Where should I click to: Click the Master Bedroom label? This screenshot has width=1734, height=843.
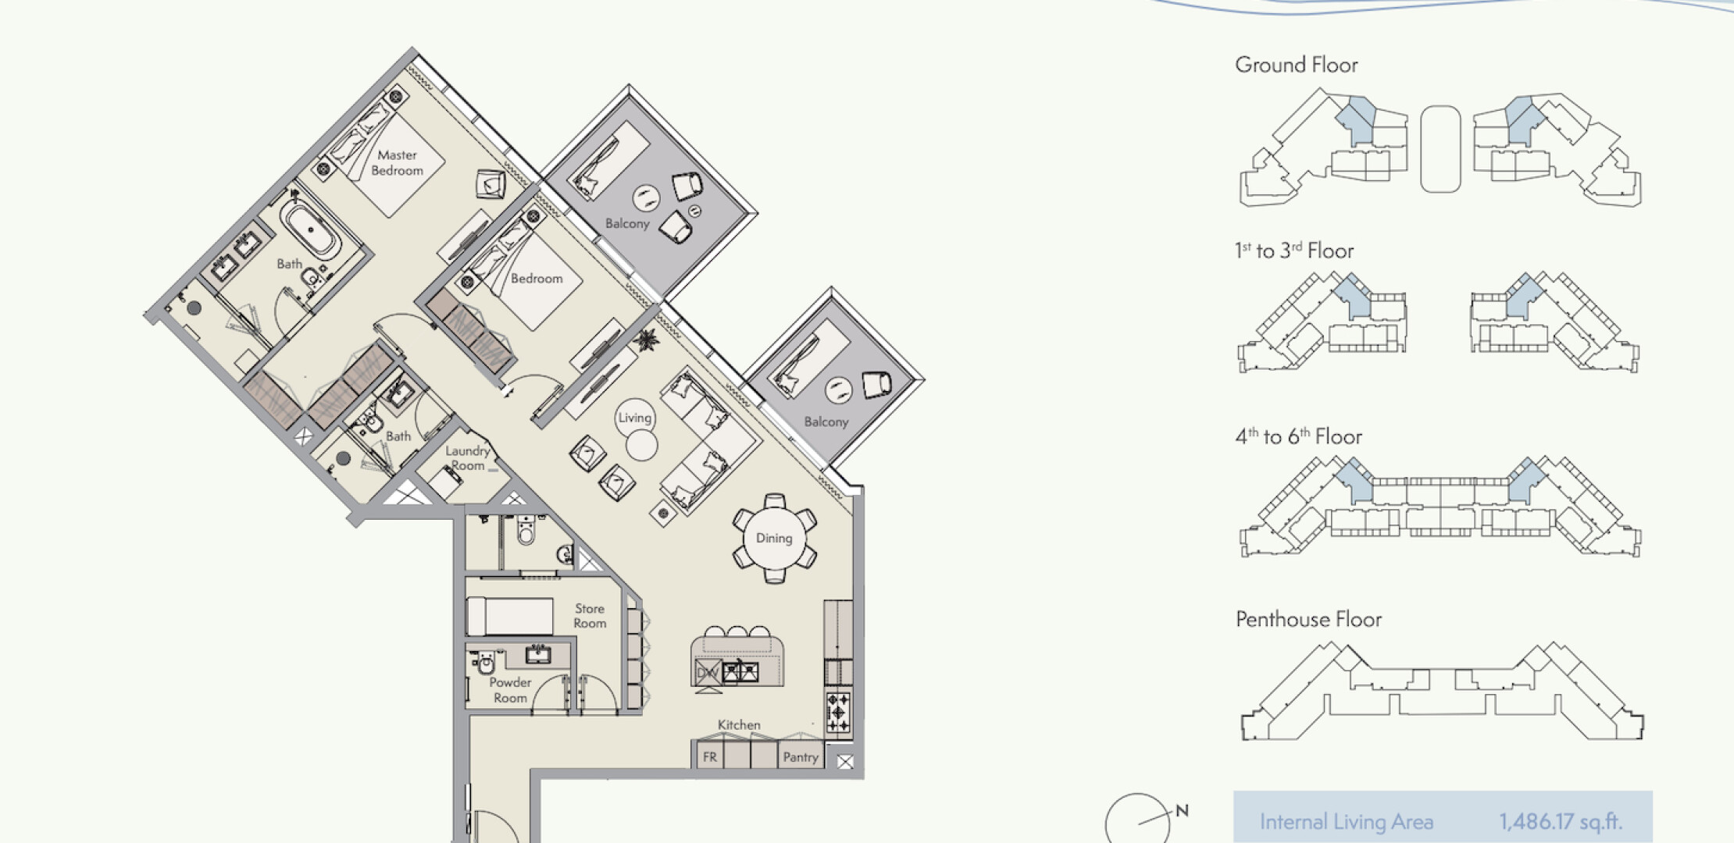[x=397, y=162]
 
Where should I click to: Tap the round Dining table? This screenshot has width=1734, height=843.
[x=774, y=538]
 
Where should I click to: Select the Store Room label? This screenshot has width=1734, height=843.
[x=590, y=615]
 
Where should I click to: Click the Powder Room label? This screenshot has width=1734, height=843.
[x=510, y=690]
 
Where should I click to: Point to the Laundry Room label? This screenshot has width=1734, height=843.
[x=468, y=458]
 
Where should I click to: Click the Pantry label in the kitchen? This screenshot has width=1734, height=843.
[x=801, y=756]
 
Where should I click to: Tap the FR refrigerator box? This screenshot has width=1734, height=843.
[x=709, y=756]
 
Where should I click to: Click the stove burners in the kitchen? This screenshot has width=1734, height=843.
[x=838, y=713]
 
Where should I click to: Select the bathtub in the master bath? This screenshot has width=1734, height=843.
[x=312, y=229]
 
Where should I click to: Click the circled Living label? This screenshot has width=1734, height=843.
[x=634, y=418]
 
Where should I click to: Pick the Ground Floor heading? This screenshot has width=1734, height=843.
[x=1297, y=65]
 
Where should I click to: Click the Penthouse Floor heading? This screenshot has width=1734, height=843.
[x=1308, y=620]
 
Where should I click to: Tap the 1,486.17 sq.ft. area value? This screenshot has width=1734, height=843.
[x=1560, y=821]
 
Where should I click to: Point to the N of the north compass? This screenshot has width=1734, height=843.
[x=1182, y=811]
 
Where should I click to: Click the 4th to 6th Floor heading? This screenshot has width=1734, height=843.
[x=1298, y=436]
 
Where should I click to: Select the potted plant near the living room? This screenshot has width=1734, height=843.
[x=646, y=340]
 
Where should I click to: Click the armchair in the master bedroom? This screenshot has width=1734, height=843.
[x=491, y=184]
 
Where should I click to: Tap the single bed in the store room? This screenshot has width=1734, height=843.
[x=509, y=617]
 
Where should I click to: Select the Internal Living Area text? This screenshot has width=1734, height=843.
[x=1347, y=822]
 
